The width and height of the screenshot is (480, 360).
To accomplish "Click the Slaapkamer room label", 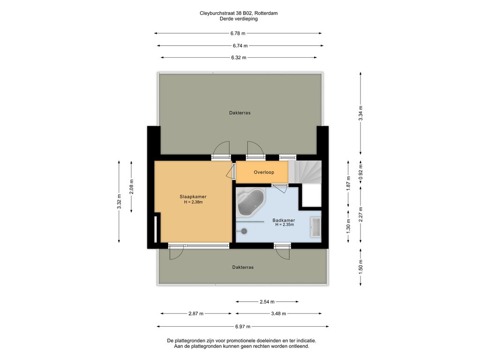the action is pos(193,197).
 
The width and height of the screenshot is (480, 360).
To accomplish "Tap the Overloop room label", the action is pos(264,172).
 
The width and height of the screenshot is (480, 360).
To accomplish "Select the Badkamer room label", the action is pos(284,220).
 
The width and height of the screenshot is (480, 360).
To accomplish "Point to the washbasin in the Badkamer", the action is pos(315,227).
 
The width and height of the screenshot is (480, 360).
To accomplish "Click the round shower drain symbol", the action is pos(244,232).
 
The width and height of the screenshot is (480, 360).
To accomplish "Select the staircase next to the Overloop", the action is pos(305,172).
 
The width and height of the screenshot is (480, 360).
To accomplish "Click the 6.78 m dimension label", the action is pos(238,33).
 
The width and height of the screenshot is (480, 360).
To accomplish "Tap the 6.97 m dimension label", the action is pos(243,327).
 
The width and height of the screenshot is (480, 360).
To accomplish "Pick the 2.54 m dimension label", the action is pos(267,302).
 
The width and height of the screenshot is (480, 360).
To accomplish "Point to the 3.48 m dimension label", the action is pos(278,314).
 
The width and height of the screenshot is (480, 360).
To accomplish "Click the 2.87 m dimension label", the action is pos(196,314).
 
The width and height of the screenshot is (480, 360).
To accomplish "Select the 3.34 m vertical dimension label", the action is pos(360,113).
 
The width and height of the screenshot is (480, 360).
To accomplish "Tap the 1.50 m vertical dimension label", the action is pos(360,267).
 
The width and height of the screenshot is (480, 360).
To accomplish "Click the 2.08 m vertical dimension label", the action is pos(131,187).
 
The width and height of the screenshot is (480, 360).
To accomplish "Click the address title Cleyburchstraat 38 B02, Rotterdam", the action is pos(239,13).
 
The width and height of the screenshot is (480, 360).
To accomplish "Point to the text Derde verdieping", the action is pos(239,19).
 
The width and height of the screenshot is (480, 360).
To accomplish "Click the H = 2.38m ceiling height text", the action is pos(194,202).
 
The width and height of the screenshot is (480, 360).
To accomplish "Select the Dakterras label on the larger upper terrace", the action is pos(240,113).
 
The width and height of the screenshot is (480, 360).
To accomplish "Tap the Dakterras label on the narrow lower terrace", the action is pos(243,267).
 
